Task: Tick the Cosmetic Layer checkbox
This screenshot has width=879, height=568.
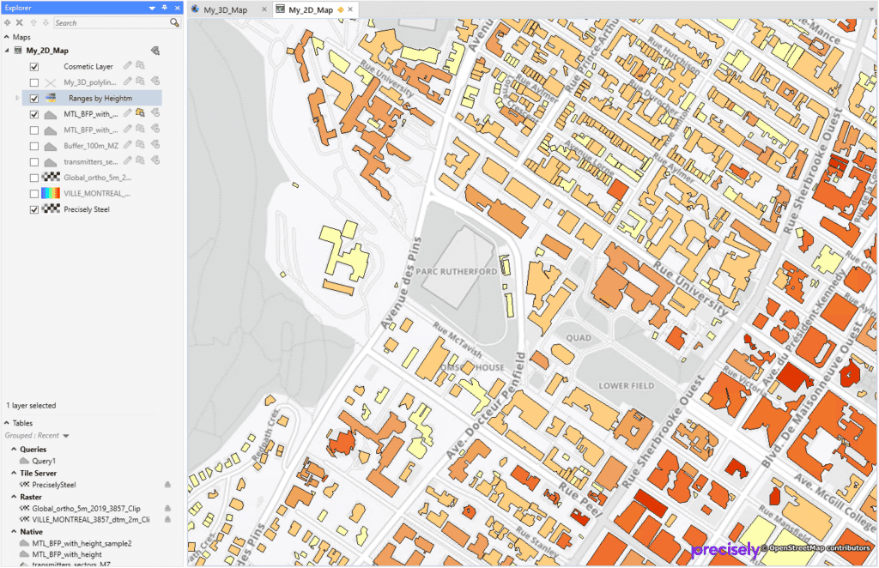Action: click(34, 66)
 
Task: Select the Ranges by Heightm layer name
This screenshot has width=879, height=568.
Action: click(100, 99)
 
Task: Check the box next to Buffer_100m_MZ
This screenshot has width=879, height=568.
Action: click(34, 146)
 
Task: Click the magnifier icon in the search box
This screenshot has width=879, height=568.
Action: click(174, 22)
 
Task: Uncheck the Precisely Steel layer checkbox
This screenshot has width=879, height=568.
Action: click(34, 209)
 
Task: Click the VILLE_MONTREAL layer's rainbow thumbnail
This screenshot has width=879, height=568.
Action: click(51, 193)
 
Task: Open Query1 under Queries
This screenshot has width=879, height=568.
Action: click(44, 461)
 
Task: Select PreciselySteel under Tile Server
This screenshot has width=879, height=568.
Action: click(53, 485)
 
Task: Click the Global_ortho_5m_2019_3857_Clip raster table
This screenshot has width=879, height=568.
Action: click(90, 508)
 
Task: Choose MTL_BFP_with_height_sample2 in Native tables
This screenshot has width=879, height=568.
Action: click(81, 543)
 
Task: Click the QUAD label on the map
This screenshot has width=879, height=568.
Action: click(579, 338)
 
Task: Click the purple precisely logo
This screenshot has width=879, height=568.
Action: click(724, 550)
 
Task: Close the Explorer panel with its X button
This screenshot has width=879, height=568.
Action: click(177, 8)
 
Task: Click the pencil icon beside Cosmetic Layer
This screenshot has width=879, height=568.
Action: click(128, 66)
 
